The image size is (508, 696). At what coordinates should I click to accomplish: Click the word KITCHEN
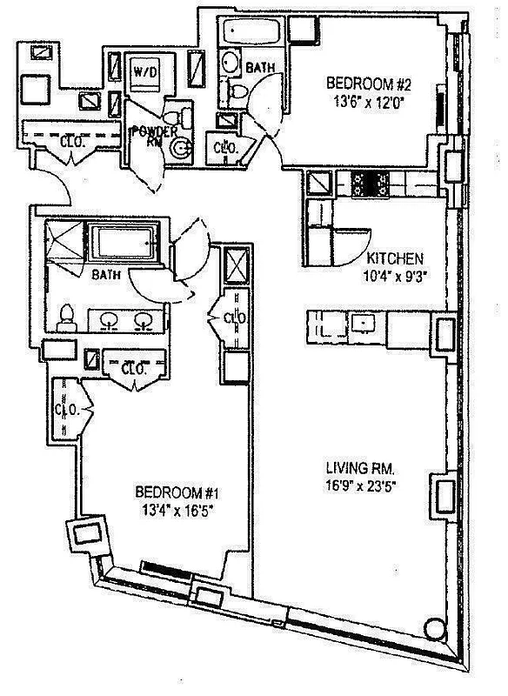tap(394, 258)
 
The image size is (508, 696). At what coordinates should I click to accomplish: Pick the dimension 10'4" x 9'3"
tap(394, 274)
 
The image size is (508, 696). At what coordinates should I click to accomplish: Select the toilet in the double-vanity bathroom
tap(67, 319)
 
